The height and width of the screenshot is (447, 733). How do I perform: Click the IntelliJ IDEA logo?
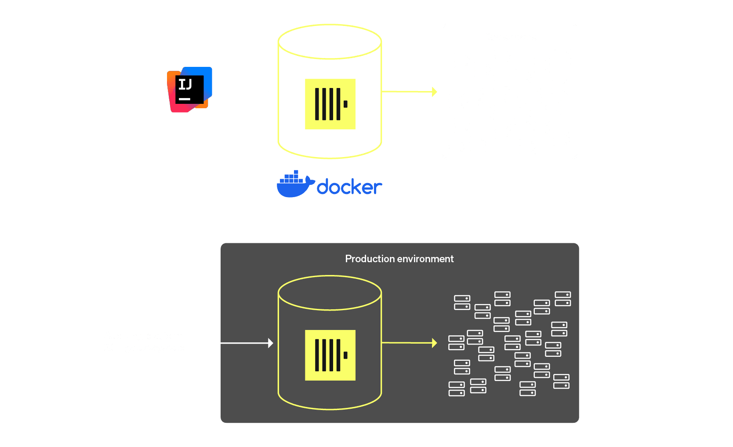[189, 90]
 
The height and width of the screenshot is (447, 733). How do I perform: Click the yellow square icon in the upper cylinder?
[330, 104]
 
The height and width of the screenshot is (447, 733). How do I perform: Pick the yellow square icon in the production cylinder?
[330, 355]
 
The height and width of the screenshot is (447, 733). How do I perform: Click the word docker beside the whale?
[349, 187]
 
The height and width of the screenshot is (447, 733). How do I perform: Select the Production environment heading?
[399, 259]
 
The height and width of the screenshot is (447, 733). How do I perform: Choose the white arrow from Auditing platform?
[232, 343]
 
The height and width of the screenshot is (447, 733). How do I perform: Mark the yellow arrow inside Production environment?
[409, 343]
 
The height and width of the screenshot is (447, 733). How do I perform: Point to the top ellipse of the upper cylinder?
[330, 42]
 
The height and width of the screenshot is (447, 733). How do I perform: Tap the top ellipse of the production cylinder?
[330, 293]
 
